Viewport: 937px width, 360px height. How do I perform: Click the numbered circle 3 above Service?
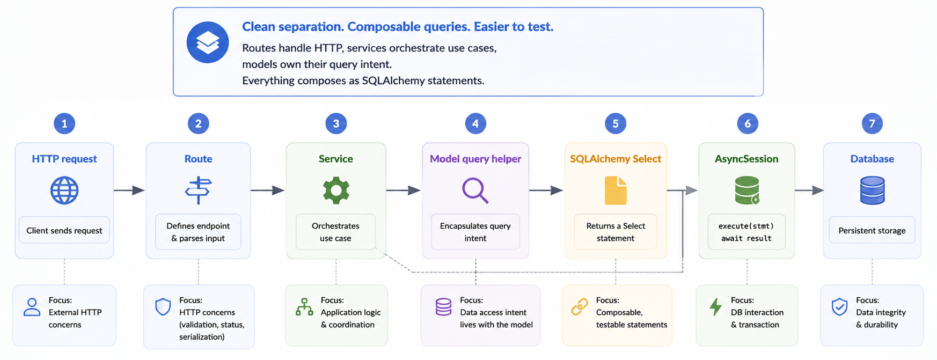click(x=336, y=123)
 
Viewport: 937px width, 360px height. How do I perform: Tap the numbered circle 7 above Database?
click(x=872, y=123)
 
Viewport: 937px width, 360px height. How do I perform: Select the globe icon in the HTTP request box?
click(x=64, y=190)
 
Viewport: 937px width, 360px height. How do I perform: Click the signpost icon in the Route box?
click(x=198, y=190)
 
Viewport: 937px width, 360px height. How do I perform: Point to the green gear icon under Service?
click(x=336, y=190)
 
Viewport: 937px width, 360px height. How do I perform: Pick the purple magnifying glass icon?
click(x=475, y=190)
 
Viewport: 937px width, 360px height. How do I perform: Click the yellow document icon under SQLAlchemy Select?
click(x=616, y=190)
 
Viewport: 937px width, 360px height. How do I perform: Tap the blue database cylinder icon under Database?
click(x=872, y=190)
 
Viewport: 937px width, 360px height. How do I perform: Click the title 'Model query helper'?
click(x=475, y=159)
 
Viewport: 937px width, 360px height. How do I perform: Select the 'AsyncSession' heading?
click(x=746, y=159)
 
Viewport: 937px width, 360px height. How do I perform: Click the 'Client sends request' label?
click(x=64, y=231)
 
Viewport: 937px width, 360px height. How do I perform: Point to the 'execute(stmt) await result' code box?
click(x=746, y=232)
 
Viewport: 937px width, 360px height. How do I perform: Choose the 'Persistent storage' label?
click(x=872, y=231)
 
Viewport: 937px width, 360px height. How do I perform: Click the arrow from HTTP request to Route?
click(x=129, y=190)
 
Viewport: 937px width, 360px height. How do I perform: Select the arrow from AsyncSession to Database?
click(x=809, y=190)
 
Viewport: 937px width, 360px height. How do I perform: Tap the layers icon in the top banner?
click(x=208, y=42)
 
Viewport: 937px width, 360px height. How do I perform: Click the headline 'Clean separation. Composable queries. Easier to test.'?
click(x=398, y=27)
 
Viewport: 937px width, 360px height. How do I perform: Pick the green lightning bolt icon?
click(x=715, y=307)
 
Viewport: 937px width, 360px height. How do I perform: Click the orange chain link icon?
click(x=580, y=307)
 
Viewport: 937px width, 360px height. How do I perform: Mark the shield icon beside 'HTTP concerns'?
click(x=163, y=307)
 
